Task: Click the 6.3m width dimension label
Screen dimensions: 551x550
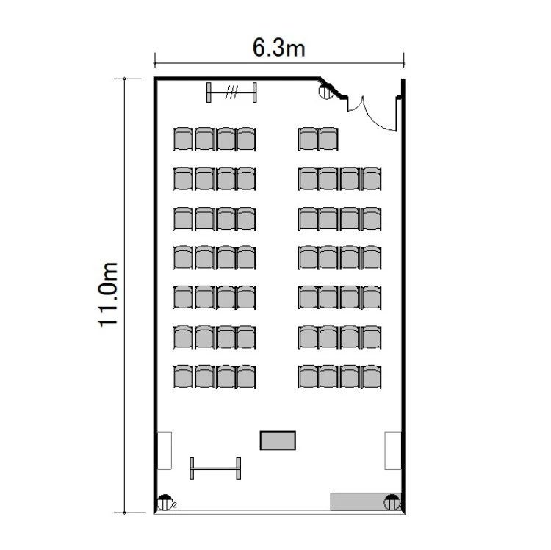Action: [x=278, y=48]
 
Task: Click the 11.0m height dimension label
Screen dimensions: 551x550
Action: [x=107, y=294]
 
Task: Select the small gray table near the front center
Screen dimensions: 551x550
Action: [x=278, y=441]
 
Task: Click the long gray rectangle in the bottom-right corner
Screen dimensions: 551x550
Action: [x=365, y=502]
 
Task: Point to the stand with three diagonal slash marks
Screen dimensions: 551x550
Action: [x=231, y=93]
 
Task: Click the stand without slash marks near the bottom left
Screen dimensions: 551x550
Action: [x=215, y=468]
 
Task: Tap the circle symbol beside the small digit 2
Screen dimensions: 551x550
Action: [x=165, y=502]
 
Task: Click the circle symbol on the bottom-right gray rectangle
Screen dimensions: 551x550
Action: [x=392, y=502]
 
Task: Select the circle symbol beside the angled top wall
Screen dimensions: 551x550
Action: [x=325, y=92]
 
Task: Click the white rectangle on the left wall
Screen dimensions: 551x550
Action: [x=164, y=451]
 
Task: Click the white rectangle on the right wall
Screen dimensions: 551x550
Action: [x=393, y=451]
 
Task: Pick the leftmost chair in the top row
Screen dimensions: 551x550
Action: [x=183, y=139]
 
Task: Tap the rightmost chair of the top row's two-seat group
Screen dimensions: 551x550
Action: [x=328, y=139]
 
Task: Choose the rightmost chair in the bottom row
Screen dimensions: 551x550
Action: [x=372, y=377]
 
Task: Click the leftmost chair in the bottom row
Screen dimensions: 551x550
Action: [x=183, y=377]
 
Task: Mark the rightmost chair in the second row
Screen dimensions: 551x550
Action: [x=372, y=178]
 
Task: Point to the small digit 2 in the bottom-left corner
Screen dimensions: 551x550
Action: [x=175, y=505]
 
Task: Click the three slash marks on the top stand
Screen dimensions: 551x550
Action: [x=231, y=92]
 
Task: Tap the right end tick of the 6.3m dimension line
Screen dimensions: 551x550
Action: [x=404, y=60]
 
